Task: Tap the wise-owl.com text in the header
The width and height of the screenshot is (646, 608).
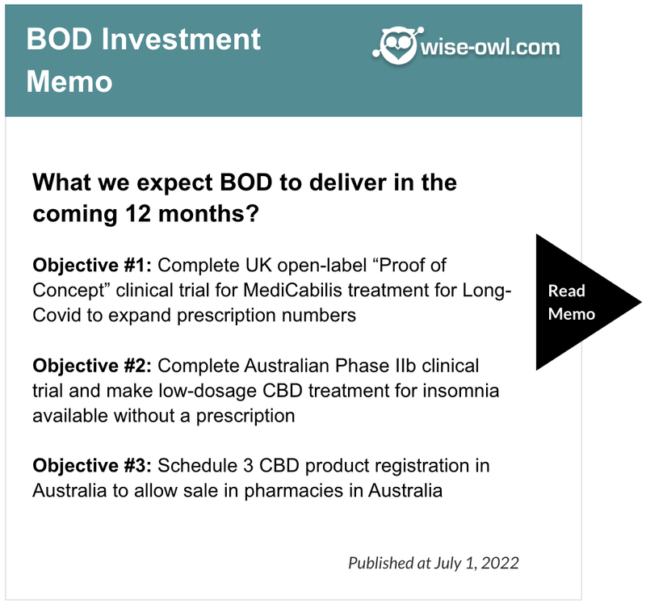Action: [x=490, y=48]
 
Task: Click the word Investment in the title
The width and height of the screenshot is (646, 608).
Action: [x=181, y=40]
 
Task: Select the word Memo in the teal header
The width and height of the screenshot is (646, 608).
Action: [x=69, y=82]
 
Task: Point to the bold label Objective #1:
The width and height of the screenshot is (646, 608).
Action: [x=92, y=266]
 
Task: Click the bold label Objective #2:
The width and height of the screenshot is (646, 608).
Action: [x=92, y=366]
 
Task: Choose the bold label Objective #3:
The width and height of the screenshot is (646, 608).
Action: [x=92, y=466]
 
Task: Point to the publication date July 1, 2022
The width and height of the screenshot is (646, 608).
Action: [x=476, y=563]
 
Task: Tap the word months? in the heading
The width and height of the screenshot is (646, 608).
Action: [x=208, y=215]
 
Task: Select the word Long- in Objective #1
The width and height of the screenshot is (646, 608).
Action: [x=487, y=291]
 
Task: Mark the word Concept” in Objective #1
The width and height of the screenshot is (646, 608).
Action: [x=71, y=291]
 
